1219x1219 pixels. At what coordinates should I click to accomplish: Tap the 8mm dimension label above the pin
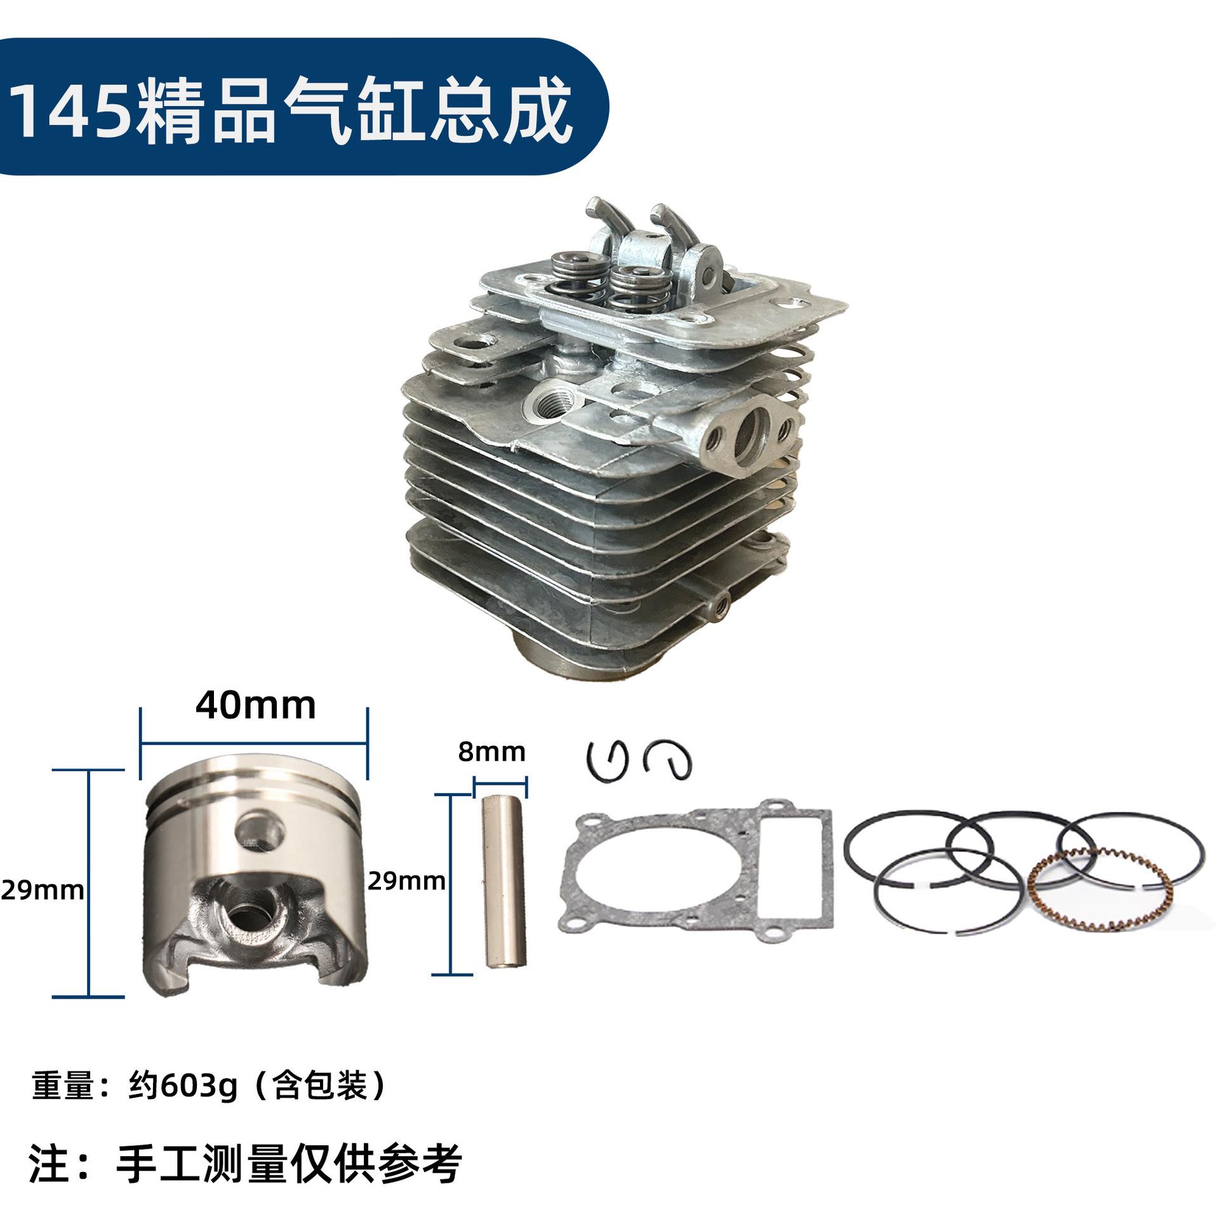coord(492,752)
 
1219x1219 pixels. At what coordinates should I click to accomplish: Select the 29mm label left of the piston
coord(42,891)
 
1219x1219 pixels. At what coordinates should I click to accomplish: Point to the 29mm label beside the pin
coord(406,881)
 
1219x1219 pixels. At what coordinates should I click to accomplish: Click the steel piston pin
coord(499,882)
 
